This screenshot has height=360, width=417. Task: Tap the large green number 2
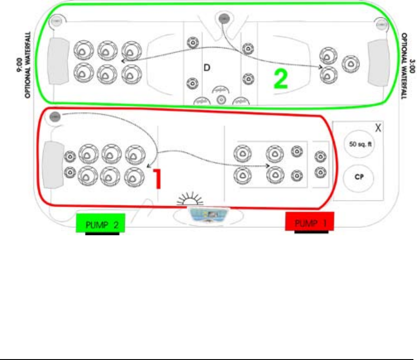[x=280, y=79]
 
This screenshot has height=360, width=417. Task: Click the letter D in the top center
[x=206, y=68]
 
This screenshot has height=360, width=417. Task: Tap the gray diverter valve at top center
[x=223, y=19]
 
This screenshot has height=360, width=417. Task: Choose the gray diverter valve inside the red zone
[x=55, y=117]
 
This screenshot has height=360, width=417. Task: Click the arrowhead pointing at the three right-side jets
[x=320, y=67]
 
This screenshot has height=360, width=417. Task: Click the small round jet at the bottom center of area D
[x=220, y=99]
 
